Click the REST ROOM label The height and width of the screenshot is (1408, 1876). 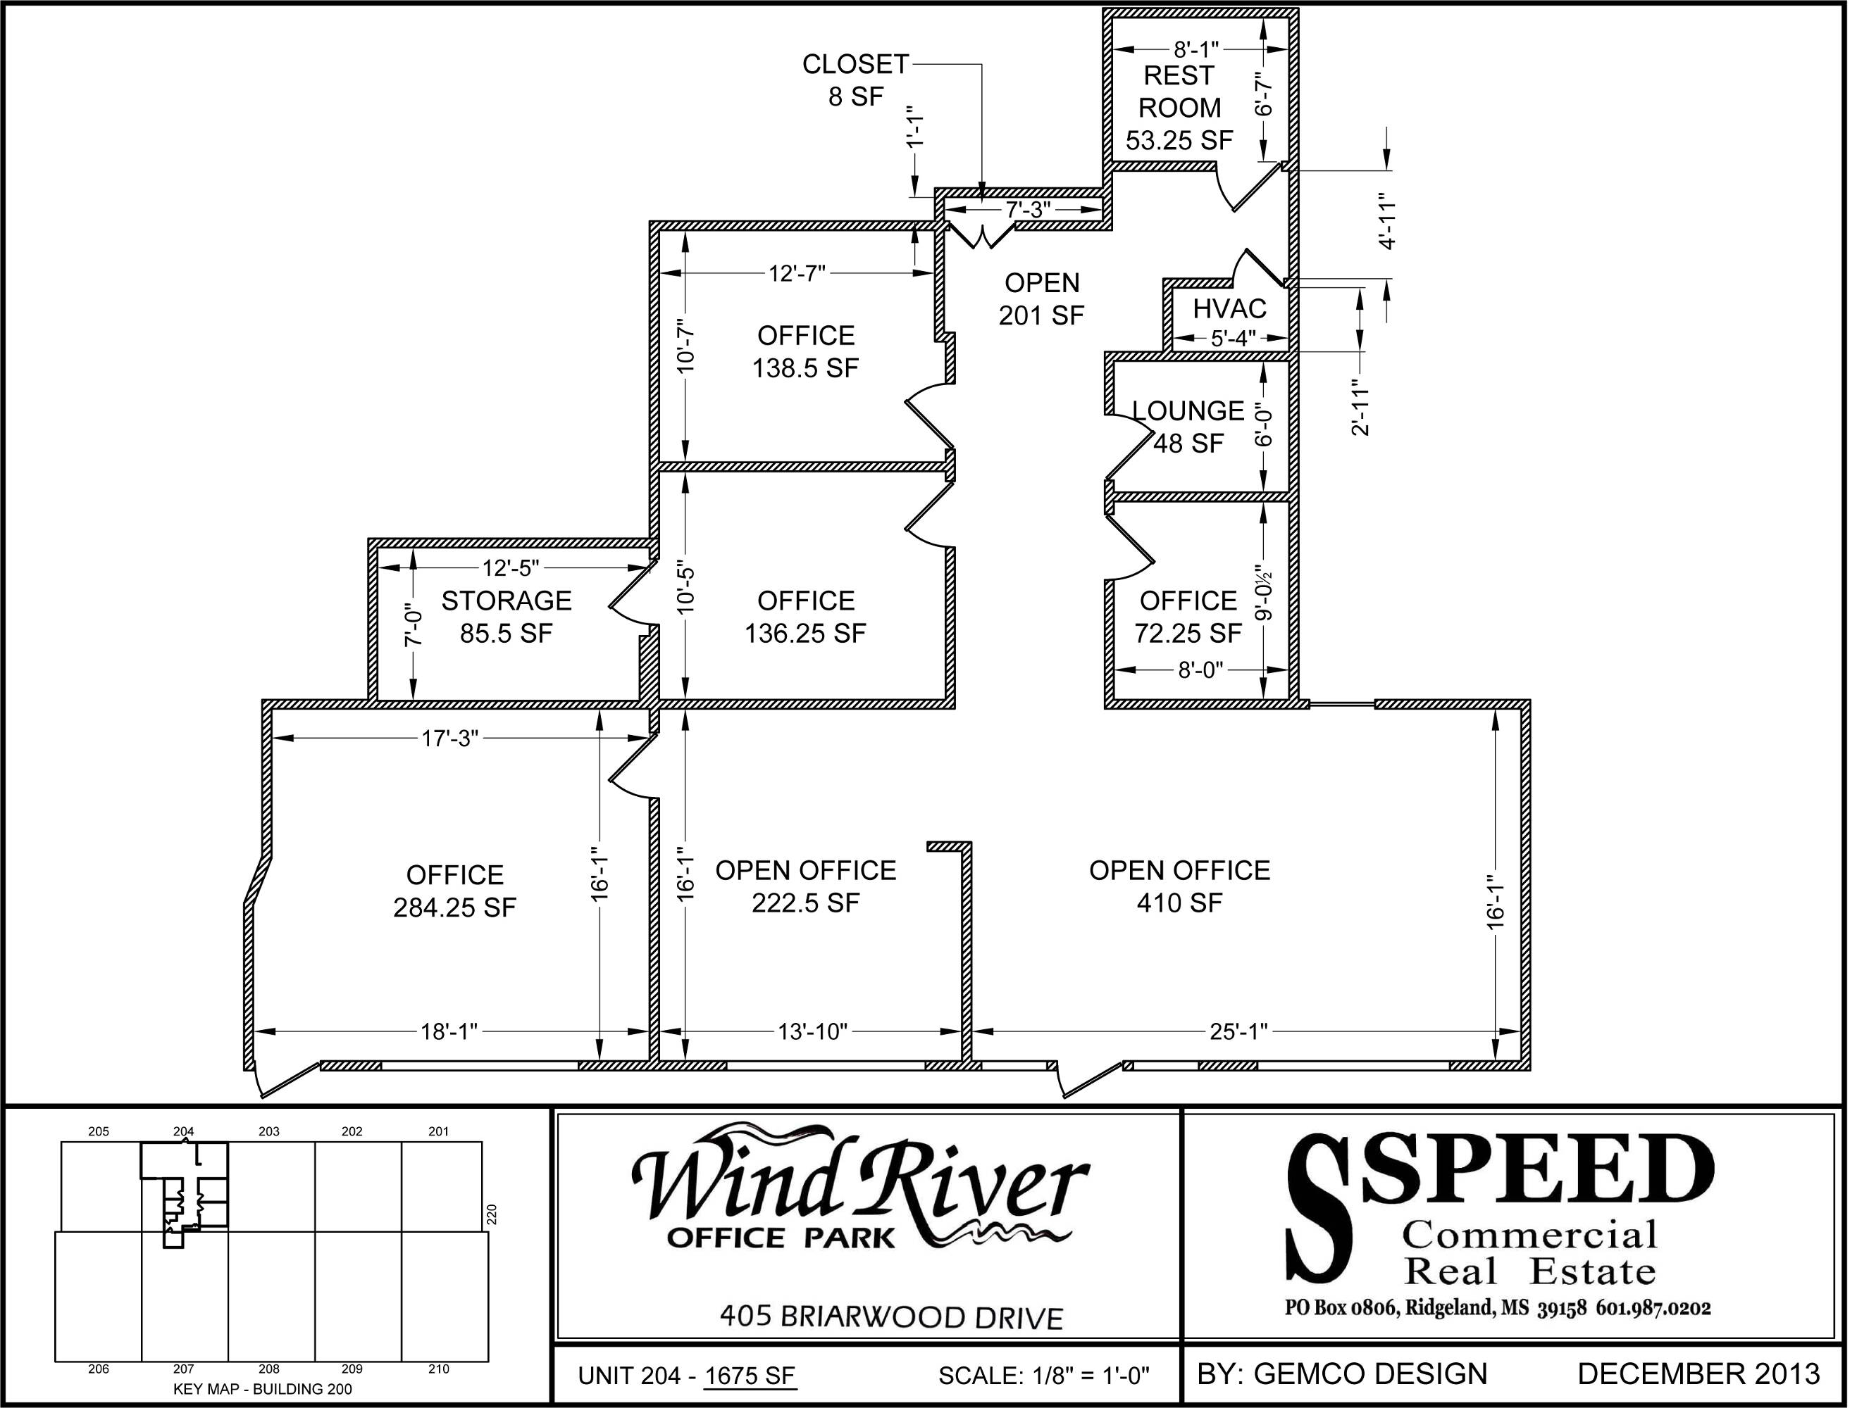[1179, 92]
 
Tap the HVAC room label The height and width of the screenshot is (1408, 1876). [1230, 308]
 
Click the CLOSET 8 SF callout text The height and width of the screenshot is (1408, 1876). [856, 80]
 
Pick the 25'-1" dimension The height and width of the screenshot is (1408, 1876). [1238, 1031]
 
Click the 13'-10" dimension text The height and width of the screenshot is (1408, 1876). [812, 1031]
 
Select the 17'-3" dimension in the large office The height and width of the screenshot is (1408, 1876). [450, 738]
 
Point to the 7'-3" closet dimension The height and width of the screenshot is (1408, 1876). [1028, 209]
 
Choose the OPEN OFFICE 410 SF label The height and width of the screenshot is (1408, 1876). [1180, 886]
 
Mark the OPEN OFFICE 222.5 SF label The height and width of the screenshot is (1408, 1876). [806, 886]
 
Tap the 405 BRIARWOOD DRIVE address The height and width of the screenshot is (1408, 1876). [891, 1317]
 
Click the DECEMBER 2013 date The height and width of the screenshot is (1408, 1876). [1698, 1374]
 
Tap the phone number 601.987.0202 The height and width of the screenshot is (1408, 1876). [1654, 1308]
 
